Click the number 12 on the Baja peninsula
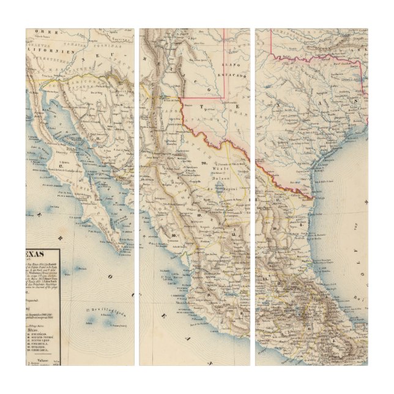[x=63, y=166]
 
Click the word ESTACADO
[x=236, y=75]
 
